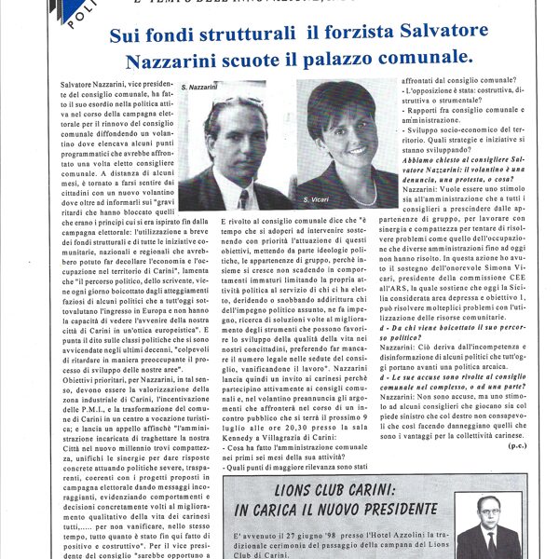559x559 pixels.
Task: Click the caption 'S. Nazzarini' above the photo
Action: pyautogui.click(x=199, y=87)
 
